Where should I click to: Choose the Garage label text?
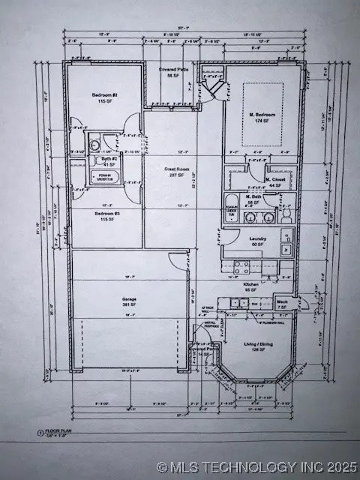[x=129, y=299]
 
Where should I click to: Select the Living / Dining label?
[x=255, y=346]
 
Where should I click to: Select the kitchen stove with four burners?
[x=242, y=265]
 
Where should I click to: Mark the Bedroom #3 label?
[x=104, y=215]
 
